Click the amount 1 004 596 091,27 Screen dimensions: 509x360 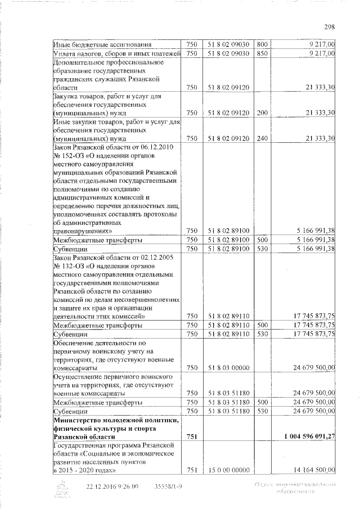[308, 436]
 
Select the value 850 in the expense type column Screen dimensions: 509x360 [262, 53]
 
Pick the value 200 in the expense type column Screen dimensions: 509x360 [262, 112]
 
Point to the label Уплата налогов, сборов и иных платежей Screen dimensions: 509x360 [116, 53]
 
